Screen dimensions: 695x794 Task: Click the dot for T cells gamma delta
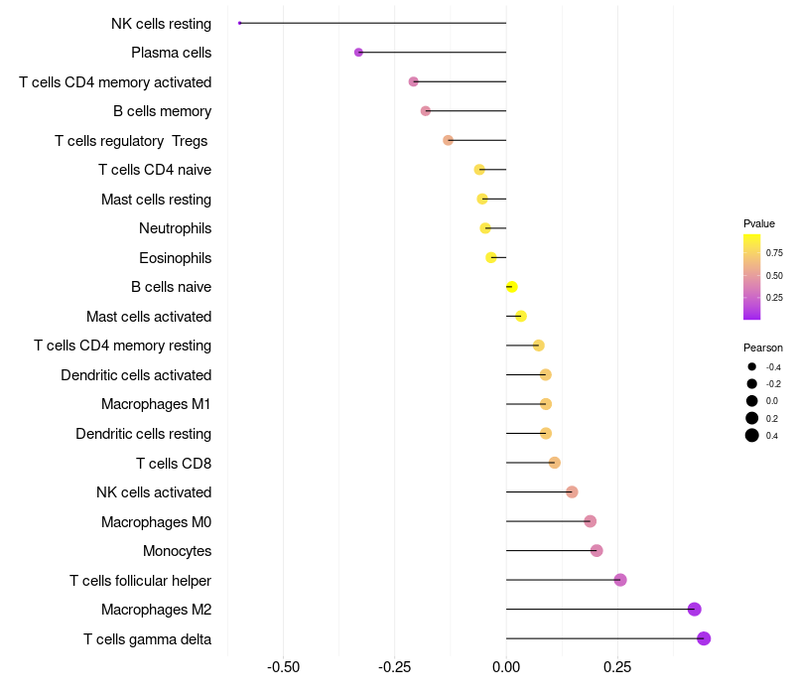point(704,638)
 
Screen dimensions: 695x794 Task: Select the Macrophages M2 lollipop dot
point(695,610)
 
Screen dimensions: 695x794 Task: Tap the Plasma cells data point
point(358,53)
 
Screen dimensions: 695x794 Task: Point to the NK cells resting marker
point(240,23)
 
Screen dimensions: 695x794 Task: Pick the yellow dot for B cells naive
point(511,287)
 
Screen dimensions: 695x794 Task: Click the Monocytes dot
point(596,551)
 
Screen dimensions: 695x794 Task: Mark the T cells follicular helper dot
point(620,580)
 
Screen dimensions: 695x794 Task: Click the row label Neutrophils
point(175,228)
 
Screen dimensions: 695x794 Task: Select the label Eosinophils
point(175,258)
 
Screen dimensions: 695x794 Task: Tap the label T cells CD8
point(173,463)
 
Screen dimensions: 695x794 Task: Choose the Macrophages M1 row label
point(156,404)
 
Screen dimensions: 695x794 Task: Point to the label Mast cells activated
point(149,317)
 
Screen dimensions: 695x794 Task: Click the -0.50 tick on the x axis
point(284,665)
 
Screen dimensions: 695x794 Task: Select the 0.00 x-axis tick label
point(506,665)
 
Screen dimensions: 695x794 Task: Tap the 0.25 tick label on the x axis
point(617,665)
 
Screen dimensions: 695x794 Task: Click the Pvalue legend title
point(759,223)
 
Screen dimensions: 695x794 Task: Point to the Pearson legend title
point(763,347)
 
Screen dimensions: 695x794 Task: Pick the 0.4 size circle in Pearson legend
point(752,435)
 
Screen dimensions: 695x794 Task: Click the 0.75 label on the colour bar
point(774,253)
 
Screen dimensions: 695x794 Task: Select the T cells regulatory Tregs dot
point(448,141)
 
